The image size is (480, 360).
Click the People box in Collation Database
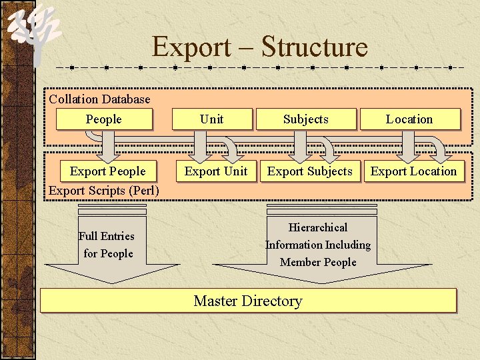[x=104, y=119]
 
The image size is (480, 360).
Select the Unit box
[x=212, y=119]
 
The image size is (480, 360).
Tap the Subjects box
[x=306, y=119]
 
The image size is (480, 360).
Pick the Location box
[x=409, y=119]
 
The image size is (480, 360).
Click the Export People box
[x=107, y=171]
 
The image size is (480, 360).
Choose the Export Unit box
[x=216, y=171]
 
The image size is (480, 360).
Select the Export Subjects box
[x=310, y=171]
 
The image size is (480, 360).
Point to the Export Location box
[x=414, y=171]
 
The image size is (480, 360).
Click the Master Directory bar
[x=248, y=301]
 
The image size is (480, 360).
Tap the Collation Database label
[x=100, y=99]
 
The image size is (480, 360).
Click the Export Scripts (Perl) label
[x=104, y=191]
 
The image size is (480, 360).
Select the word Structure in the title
[x=315, y=47]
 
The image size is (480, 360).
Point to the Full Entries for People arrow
[x=107, y=245]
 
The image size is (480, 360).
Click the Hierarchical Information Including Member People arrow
[x=318, y=245]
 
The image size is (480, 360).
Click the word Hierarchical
[x=318, y=228]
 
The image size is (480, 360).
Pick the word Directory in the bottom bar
[x=272, y=301]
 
